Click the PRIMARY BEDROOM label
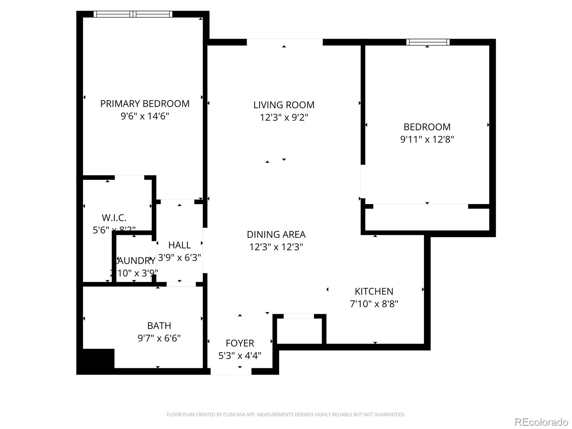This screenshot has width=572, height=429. click(x=145, y=104)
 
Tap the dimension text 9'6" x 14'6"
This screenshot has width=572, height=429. click(x=145, y=116)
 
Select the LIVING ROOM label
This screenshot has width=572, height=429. click(x=284, y=105)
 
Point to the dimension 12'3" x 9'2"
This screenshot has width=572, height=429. click(x=284, y=117)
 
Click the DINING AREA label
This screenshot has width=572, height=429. click(x=276, y=235)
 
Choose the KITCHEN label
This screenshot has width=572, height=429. click(x=374, y=291)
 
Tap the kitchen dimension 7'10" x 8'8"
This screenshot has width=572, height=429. click(x=374, y=304)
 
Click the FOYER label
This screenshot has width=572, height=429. click(x=240, y=343)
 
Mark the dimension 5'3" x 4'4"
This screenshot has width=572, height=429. click(x=240, y=356)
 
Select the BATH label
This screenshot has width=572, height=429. click(x=159, y=326)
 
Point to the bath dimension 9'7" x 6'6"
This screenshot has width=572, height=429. click(x=159, y=338)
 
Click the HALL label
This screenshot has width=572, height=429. click(x=179, y=245)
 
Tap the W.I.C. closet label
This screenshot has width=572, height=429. click(x=114, y=218)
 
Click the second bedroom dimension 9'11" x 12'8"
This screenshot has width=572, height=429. click(x=427, y=139)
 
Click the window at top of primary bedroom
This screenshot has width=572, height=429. click(x=133, y=14)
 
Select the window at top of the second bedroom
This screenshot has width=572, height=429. click(x=428, y=42)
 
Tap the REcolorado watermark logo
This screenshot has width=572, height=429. click(x=541, y=422)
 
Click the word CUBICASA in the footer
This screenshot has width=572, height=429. click(x=235, y=415)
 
